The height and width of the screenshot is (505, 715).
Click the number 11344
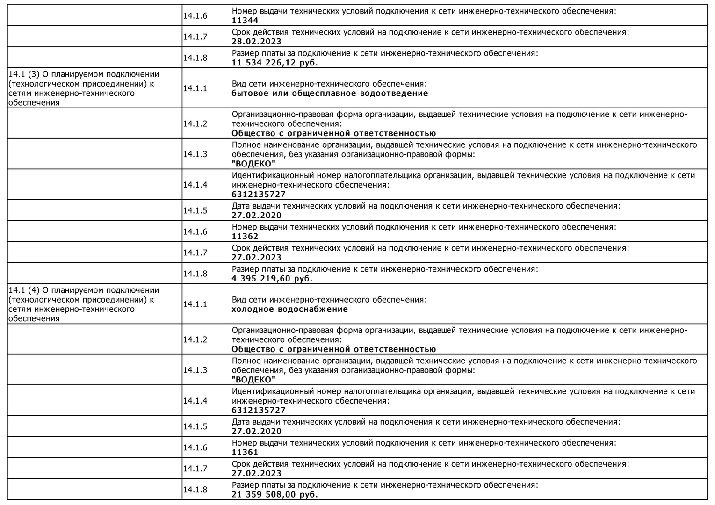click(x=245, y=21)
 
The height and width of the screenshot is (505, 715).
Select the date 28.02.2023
click(x=257, y=42)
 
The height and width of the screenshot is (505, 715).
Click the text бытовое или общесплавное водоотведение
click(x=330, y=93)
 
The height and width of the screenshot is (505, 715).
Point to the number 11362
click(x=245, y=237)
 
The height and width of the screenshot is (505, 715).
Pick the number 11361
click(x=245, y=453)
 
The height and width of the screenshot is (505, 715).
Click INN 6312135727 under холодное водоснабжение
click(x=259, y=411)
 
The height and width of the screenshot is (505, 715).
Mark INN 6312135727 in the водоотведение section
click(x=259, y=195)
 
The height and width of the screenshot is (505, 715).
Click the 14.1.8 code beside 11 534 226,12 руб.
click(x=195, y=58)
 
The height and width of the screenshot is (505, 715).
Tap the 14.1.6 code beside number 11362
click(x=195, y=232)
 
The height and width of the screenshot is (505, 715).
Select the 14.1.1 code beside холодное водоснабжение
click(x=195, y=304)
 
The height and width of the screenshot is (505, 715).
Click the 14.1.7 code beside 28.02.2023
click(x=195, y=37)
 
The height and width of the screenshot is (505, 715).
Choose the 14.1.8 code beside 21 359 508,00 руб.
click(x=195, y=490)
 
